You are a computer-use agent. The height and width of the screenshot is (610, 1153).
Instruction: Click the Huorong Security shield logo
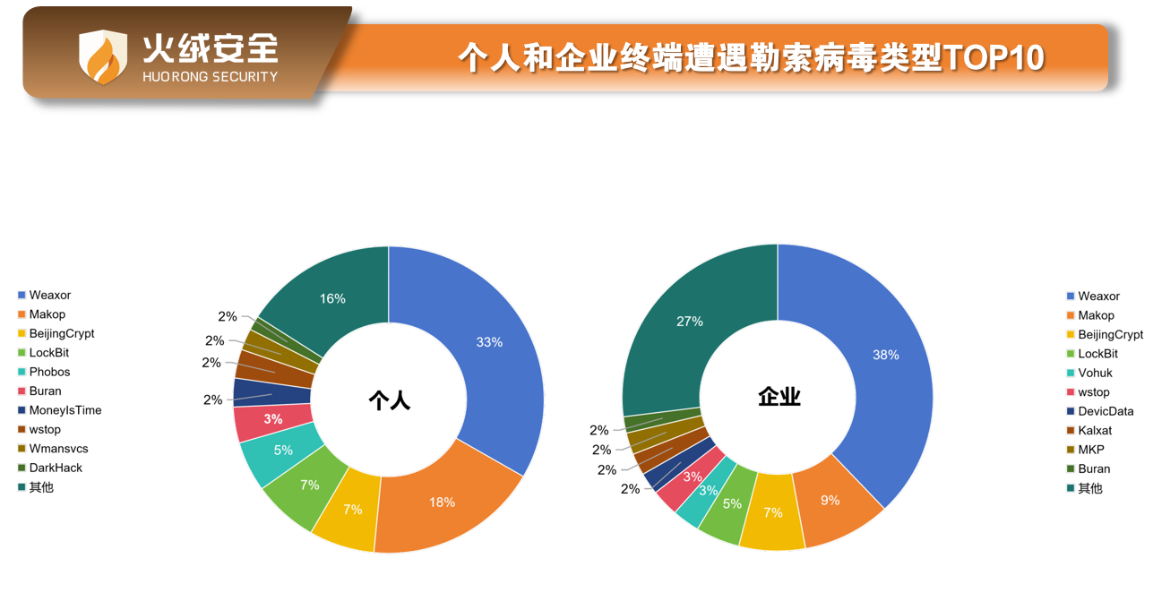point(103,56)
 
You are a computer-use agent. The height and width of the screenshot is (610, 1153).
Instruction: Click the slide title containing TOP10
point(751,58)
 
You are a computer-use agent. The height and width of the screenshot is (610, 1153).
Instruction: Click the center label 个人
point(389,400)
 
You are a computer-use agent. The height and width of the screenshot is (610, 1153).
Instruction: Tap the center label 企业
point(779,397)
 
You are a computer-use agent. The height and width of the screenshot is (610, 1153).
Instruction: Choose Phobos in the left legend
point(49,372)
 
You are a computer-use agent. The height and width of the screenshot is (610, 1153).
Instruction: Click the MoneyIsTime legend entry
point(65,410)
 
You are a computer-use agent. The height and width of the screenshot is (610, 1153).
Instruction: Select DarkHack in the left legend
point(56,468)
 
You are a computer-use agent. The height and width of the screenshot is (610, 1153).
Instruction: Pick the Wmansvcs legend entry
point(58,449)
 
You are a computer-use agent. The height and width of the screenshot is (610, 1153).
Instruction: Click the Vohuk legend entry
point(1095,373)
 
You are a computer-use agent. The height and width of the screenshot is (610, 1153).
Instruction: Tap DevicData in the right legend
point(1106,411)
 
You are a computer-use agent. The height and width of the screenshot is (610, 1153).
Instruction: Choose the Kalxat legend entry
point(1095,431)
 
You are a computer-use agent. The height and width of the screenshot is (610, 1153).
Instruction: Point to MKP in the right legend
point(1091,450)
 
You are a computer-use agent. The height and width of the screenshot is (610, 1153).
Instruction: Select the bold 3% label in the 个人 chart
point(272,419)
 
